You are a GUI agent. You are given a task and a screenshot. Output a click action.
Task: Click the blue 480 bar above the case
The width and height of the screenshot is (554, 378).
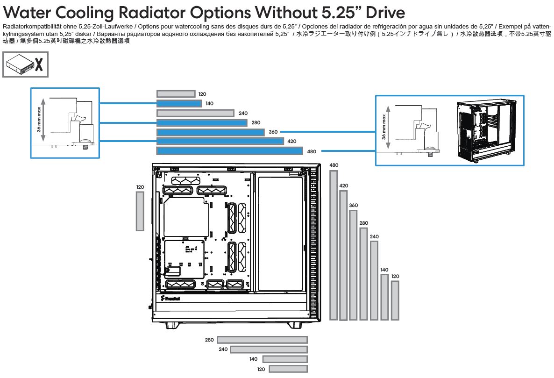(x=230, y=151)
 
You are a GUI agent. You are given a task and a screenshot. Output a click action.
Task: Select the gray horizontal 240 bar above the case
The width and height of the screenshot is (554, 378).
(x=195, y=114)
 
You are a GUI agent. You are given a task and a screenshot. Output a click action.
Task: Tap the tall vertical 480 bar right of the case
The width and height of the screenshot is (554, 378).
(x=333, y=245)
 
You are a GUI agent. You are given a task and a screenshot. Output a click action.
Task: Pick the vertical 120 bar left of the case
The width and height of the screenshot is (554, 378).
(x=140, y=211)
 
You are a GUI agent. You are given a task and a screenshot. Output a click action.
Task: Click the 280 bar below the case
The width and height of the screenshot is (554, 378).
(x=262, y=340)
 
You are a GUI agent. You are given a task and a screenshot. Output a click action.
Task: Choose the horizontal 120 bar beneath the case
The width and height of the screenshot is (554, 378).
(x=288, y=369)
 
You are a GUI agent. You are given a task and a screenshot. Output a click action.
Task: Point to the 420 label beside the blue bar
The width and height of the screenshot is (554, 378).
(x=291, y=141)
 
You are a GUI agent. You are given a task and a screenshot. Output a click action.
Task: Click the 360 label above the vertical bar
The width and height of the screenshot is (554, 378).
(x=353, y=206)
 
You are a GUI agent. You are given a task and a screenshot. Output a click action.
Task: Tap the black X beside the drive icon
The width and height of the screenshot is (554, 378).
(x=39, y=65)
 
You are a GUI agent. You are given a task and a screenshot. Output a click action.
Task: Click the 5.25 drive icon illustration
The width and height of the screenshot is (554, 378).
(x=19, y=65)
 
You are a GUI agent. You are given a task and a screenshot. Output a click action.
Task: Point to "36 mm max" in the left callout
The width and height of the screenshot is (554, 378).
(x=39, y=120)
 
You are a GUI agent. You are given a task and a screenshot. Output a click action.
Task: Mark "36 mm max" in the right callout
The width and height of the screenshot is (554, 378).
(x=384, y=127)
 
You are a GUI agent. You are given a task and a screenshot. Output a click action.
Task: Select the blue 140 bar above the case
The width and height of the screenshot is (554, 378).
(x=179, y=104)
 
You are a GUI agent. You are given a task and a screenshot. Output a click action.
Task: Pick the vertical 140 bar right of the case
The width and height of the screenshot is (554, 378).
(x=384, y=297)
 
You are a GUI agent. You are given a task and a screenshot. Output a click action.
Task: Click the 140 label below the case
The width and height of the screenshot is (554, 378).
(x=253, y=359)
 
